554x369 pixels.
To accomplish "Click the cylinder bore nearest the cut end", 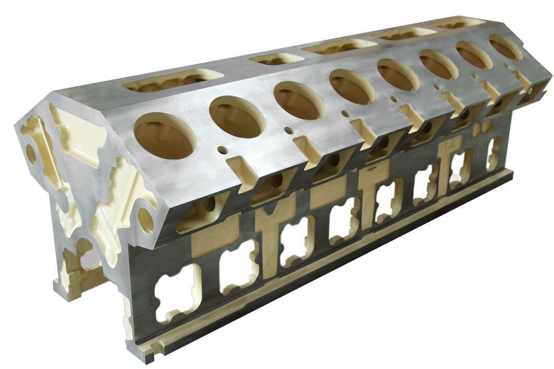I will [x=165, y=135].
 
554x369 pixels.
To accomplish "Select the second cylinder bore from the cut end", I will [x=237, y=117].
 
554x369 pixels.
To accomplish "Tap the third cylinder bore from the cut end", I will [x=299, y=100].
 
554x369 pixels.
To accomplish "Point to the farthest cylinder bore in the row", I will [x=506, y=47].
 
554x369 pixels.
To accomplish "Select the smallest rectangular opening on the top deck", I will [x=276, y=59].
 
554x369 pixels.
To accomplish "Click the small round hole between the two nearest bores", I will [x=222, y=150].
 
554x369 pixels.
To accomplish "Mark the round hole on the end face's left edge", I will [x=31, y=154].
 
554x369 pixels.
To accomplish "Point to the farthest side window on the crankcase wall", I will [x=493, y=153].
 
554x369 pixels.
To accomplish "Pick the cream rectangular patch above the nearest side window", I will [x=214, y=241].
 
